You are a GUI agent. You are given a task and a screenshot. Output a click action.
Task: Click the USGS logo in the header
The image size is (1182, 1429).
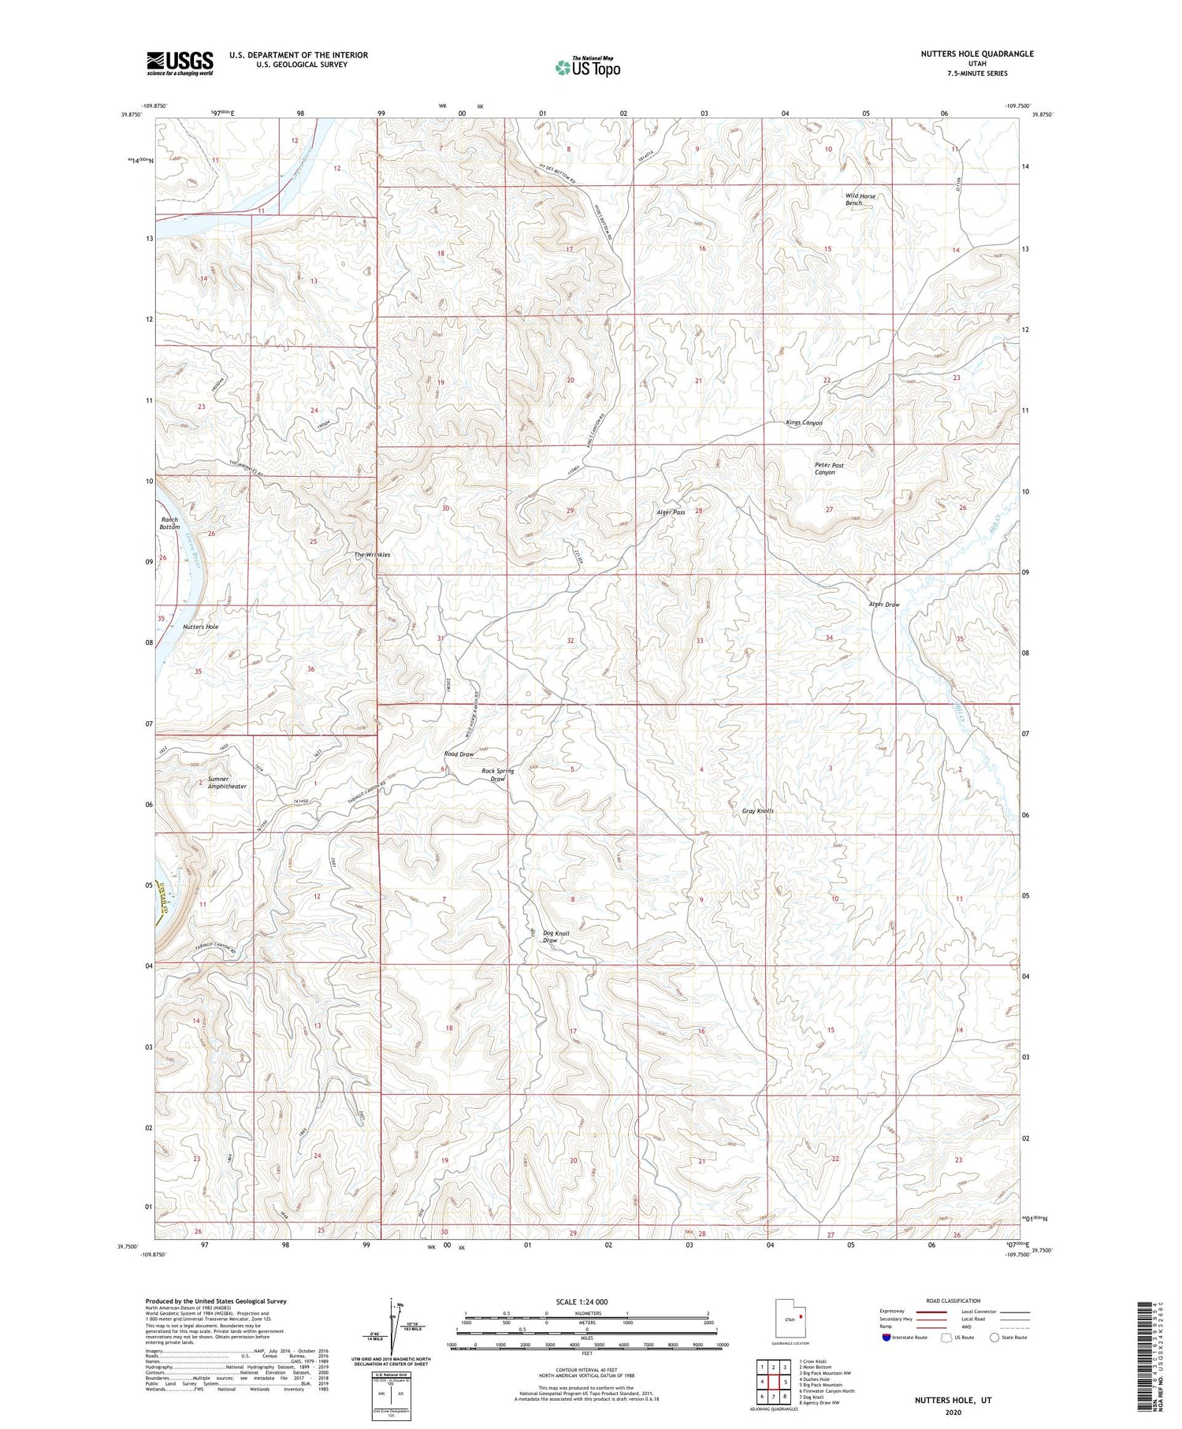(x=180, y=63)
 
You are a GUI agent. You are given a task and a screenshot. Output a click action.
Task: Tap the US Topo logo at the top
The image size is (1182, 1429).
(x=588, y=67)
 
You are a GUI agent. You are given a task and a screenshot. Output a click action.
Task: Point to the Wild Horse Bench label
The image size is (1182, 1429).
(x=860, y=199)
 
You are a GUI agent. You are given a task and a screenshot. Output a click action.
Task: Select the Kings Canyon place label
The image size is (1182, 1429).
(x=804, y=423)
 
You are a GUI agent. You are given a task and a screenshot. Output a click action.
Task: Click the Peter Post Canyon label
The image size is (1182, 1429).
(x=828, y=469)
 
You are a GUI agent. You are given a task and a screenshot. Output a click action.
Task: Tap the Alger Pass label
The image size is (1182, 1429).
(x=671, y=512)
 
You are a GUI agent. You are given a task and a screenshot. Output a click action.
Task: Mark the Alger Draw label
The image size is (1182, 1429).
(x=883, y=605)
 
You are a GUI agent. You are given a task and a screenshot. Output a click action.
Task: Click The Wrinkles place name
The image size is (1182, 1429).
(x=372, y=555)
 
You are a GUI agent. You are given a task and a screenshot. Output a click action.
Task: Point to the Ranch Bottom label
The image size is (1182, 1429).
(x=170, y=523)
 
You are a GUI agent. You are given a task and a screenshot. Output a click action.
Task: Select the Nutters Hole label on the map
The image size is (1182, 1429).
(x=200, y=627)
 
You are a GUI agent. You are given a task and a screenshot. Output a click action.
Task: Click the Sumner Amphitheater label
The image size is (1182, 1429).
(x=227, y=783)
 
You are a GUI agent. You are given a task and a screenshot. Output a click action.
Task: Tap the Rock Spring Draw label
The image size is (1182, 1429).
(x=497, y=775)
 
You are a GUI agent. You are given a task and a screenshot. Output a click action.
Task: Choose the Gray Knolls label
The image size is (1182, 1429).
(x=757, y=811)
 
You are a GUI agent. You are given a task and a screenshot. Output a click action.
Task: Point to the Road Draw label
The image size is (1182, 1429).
(x=459, y=754)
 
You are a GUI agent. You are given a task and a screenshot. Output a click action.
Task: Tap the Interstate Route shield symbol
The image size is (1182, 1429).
(x=886, y=1338)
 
